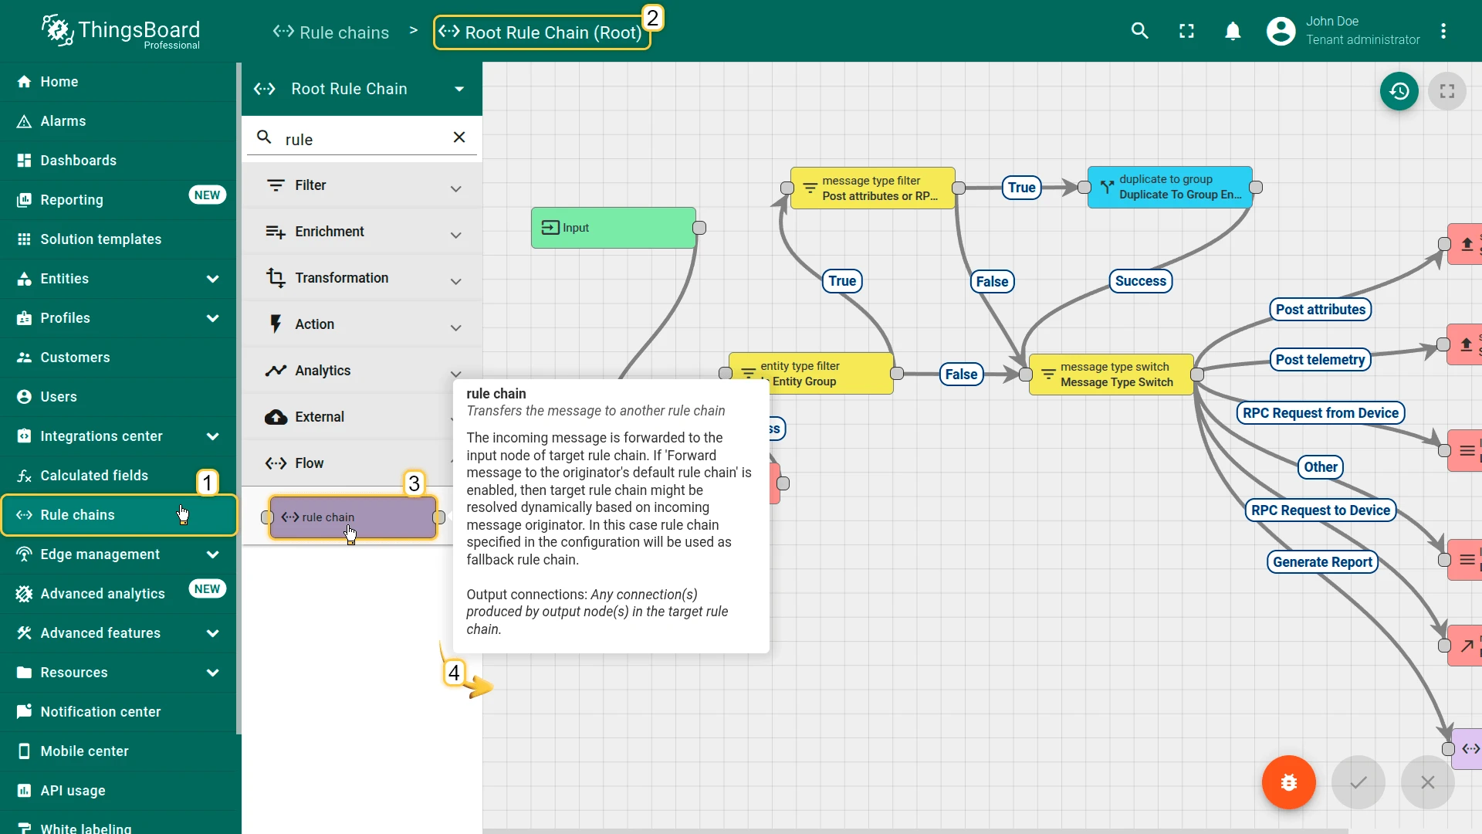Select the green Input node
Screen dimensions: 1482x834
(614, 228)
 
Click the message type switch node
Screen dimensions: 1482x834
(1111, 375)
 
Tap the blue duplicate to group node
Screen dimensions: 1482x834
(1170, 188)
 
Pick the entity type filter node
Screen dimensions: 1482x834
(811, 374)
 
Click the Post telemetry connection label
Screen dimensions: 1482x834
(1320, 360)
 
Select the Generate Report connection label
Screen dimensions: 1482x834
(1322, 562)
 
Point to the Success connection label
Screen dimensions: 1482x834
(1140, 281)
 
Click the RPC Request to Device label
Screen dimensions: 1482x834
(1321, 510)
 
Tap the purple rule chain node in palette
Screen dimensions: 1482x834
(353, 517)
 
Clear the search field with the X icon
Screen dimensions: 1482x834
(459, 137)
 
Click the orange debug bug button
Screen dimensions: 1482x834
(1288, 782)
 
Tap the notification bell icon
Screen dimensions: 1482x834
(1233, 31)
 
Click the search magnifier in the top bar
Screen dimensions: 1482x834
(1140, 31)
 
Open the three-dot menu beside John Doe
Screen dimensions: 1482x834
(1443, 31)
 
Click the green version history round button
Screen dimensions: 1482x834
(1399, 91)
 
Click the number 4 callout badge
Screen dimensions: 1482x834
(454, 673)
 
